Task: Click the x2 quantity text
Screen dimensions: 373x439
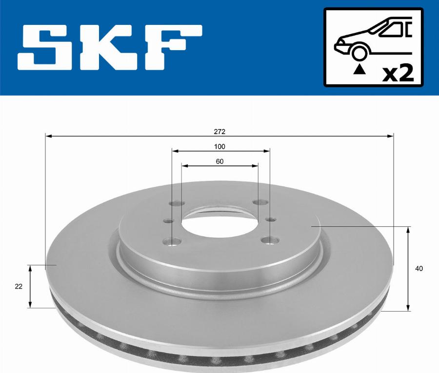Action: tap(398, 74)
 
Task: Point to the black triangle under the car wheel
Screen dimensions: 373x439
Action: tap(360, 69)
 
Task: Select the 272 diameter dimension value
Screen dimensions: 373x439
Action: tap(219, 132)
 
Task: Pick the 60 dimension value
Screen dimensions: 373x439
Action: tap(219, 162)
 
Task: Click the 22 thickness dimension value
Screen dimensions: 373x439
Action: tap(19, 287)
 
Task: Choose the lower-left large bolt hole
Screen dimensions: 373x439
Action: tap(172, 241)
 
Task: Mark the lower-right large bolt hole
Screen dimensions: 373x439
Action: tap(268, 239)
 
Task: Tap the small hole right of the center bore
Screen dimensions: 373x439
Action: tap(271, 220)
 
